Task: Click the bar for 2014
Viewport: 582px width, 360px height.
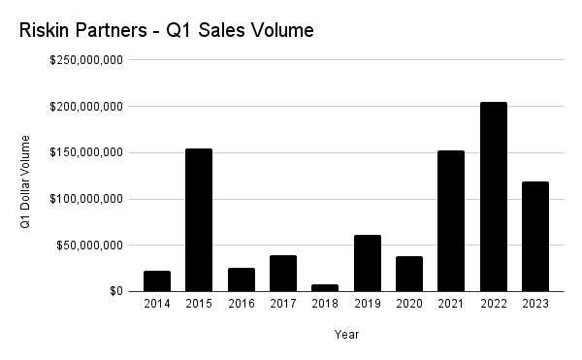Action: click(x=157, y=280)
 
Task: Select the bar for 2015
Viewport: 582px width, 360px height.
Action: click(x=199, y=219)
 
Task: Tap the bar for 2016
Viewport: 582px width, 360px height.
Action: click(x=242, y=279)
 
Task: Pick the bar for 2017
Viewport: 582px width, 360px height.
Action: click(x=283, y=273)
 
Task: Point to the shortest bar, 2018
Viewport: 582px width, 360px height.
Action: click(x=325, y=287)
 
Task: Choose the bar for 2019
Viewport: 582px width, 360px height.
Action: click(x=368, y=263)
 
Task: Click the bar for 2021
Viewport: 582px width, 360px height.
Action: click(x=451, y=220)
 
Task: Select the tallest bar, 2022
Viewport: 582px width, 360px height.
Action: click(x=494, y=196)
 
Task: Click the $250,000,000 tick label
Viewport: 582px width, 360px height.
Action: click(x=88, y=60)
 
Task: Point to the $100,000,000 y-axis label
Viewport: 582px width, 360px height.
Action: click(x=88, y=199)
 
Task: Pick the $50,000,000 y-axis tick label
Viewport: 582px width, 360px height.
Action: click(x=91, y=245)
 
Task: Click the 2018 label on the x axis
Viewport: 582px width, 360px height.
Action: click(x=325, y=304)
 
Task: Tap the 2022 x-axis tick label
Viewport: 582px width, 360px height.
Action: click(x=494, y=304)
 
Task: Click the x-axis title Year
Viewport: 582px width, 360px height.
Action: click(x=347, y=334)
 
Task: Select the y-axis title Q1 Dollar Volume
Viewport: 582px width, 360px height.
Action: click(x=26, y=180)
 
